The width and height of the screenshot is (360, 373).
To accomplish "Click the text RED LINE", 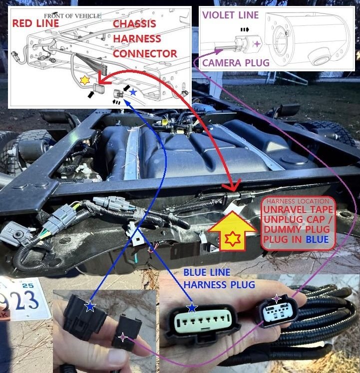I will [x=35, y=23].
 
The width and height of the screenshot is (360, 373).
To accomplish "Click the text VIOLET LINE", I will [x=230, y=15].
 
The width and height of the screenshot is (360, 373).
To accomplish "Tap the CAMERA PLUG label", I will [x=235, y=63].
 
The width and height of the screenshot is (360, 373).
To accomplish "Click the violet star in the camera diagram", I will [x=257, y=44].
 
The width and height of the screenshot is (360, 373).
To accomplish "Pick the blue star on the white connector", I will [x=192, y=307].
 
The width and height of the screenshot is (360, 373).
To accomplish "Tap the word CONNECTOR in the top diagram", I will [x=145, y=53].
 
